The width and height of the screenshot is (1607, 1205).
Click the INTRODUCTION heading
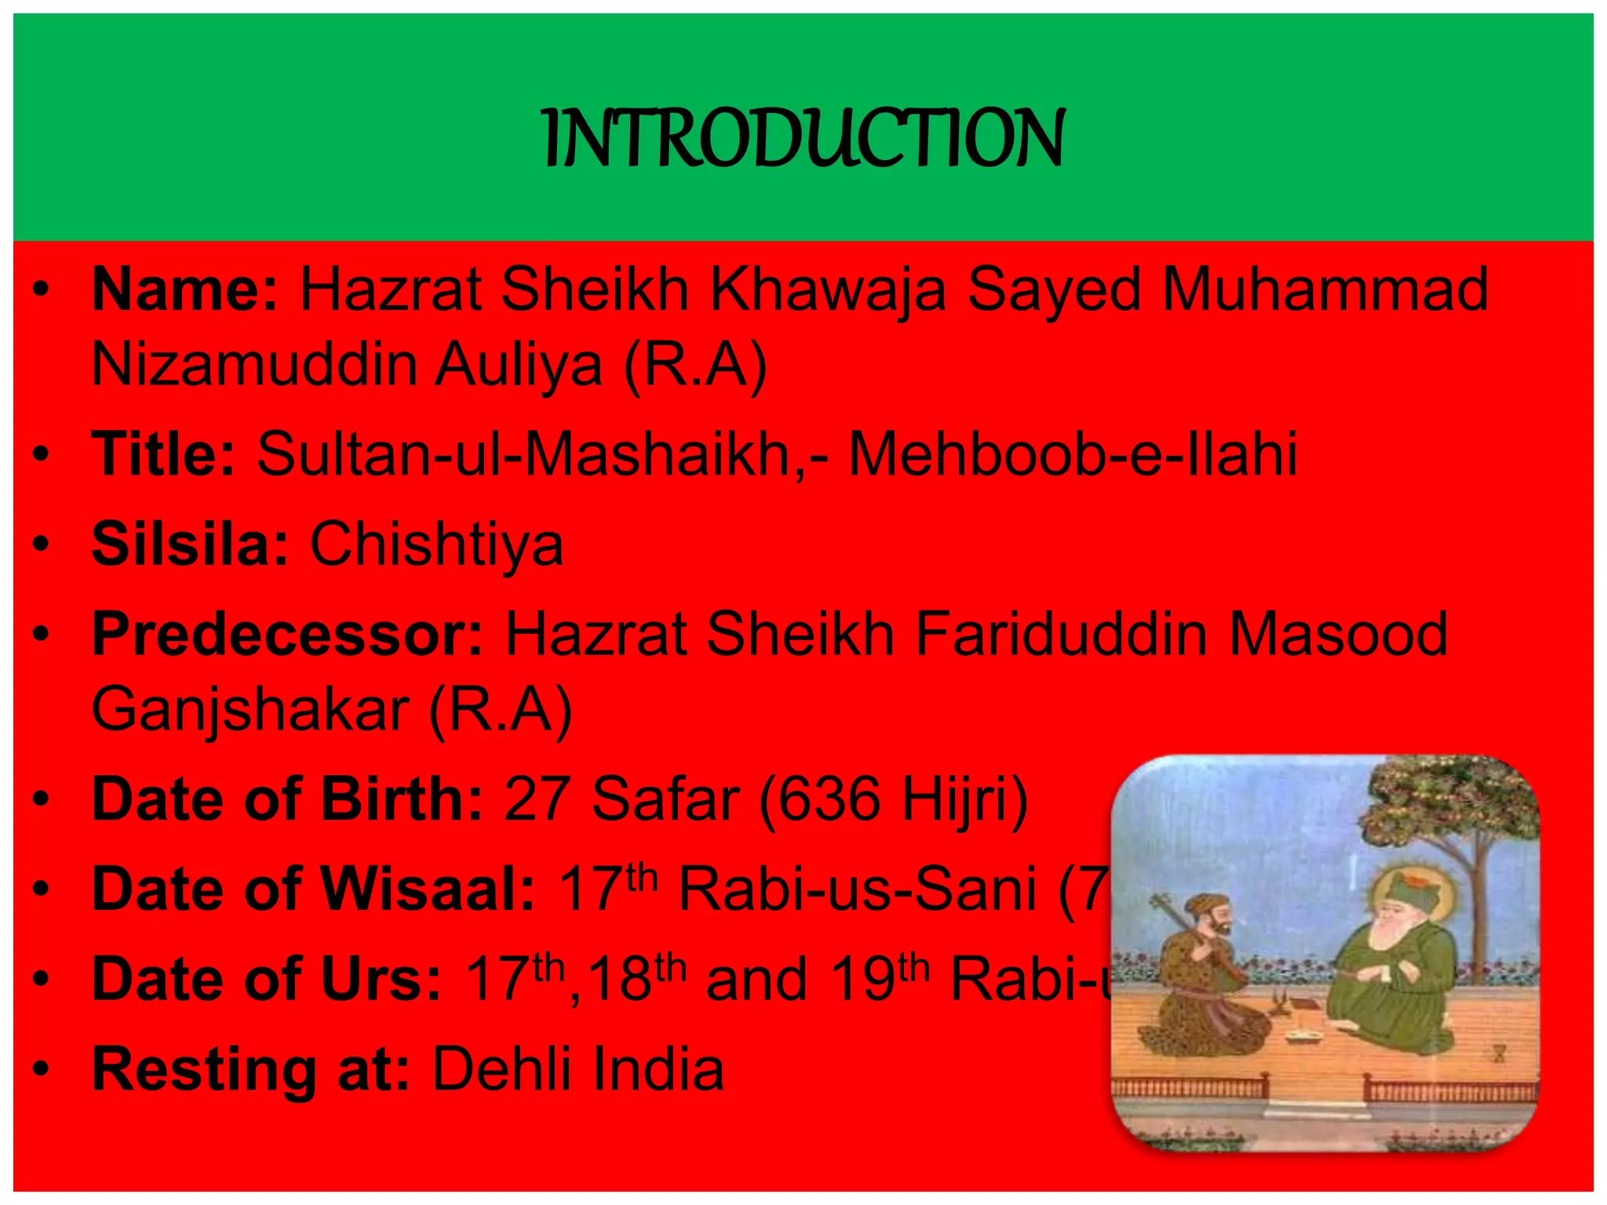coord(803,139)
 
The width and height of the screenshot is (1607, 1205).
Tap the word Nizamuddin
coord(253,365)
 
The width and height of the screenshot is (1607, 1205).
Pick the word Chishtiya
coord(436,544)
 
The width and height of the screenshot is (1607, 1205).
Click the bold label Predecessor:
coord(287,634)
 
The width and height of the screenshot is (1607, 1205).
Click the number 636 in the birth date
coord(829,799)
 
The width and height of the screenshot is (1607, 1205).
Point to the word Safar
coord(665,799)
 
